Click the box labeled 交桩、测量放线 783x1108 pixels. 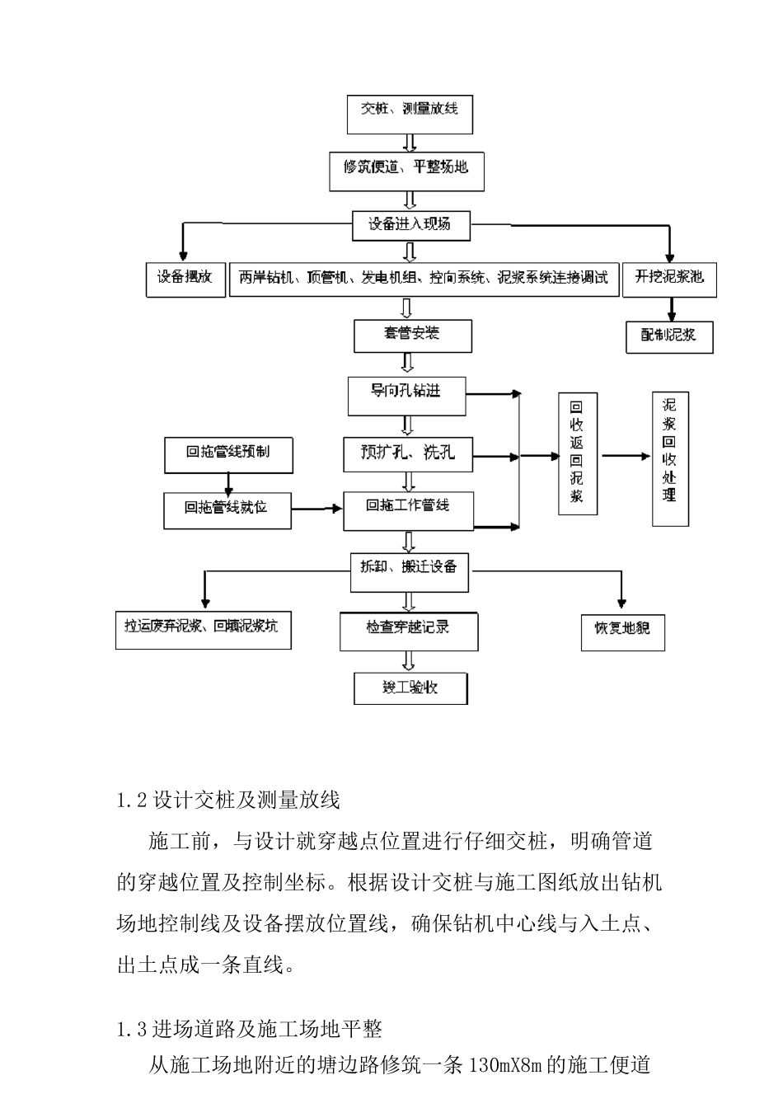[x=410, y=114]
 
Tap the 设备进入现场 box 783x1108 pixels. [x=410, y=225]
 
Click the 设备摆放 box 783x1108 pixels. [x=185, y=279]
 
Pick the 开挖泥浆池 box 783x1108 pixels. [x=669, y=279]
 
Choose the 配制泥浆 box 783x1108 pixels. [x=669, y=336]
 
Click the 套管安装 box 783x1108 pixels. [x=411, y=335]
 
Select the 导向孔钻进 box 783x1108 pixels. [x=406, y=395]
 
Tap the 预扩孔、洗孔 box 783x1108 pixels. [x=408, y=453]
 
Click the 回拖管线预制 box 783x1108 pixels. [x=227, y=454]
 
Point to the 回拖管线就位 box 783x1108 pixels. [x=227, y=509]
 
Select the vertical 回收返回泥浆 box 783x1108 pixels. [x=577, y=454]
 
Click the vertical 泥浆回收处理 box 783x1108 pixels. [x=669, y=458]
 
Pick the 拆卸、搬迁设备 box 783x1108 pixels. [x=410, y=571]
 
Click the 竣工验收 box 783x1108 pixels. [x=410, y=688]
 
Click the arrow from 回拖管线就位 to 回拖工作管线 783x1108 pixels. [x=317, y=509]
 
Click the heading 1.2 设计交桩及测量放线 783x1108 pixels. [x=228, y=800]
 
